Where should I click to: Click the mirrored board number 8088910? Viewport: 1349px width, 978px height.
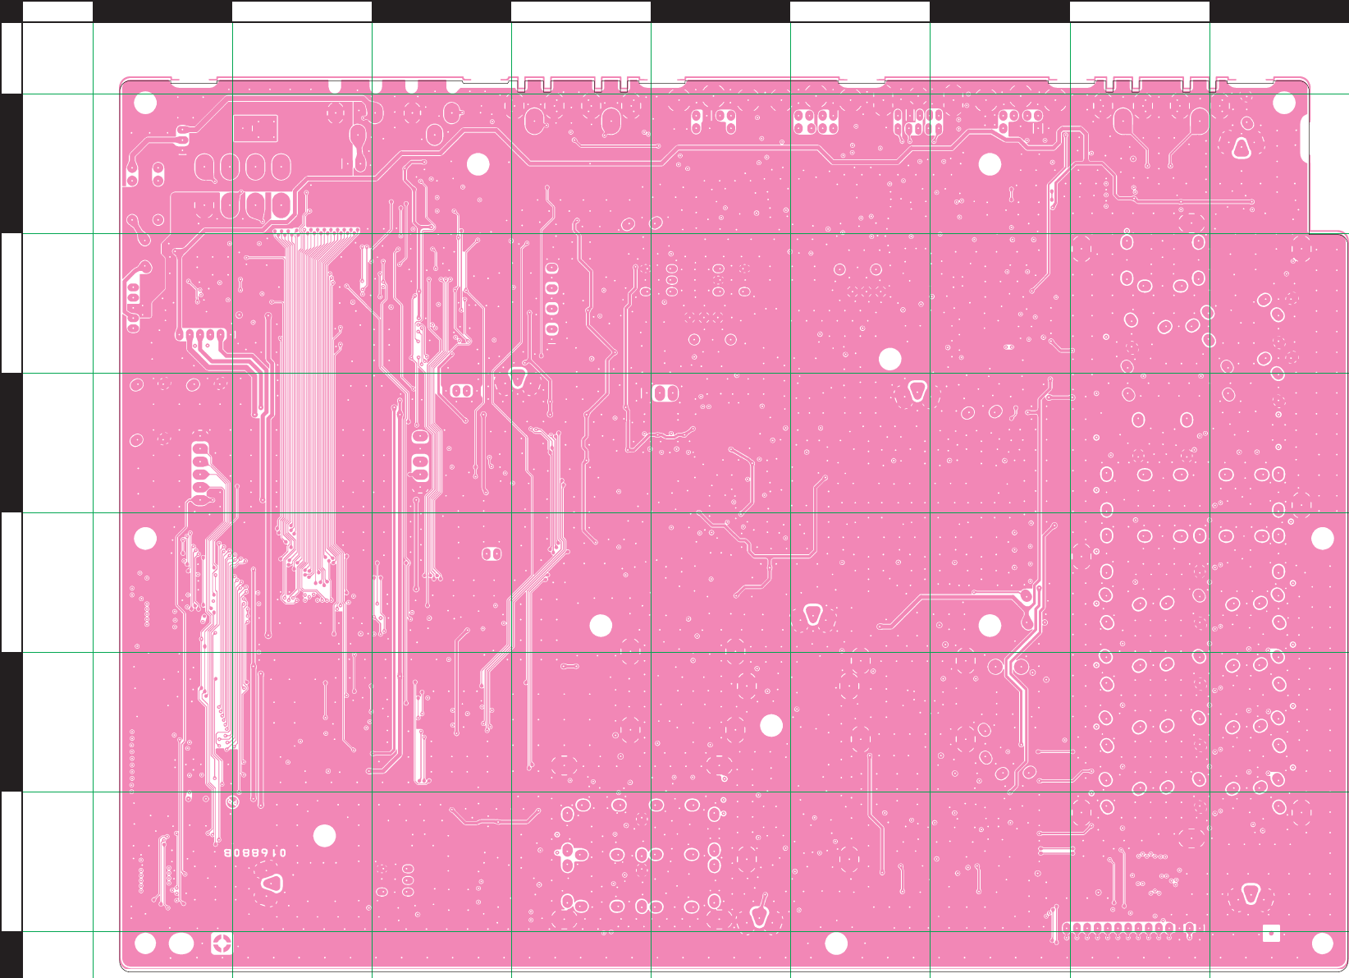coord(255,853)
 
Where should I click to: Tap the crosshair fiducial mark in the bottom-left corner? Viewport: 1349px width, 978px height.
coord(222,944)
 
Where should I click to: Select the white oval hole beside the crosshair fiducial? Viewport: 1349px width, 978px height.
coord(181,944)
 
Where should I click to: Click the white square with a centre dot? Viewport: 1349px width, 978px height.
coord(1271,933)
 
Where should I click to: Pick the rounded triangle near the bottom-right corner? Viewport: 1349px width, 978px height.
coord(1251,893)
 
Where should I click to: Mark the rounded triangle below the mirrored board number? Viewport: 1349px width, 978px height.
coord(272,884)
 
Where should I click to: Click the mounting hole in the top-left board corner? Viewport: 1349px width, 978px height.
coord(145,103)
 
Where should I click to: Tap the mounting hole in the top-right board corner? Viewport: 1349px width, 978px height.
coord(1283,103)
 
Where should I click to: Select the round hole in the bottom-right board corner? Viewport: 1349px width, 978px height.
coord(1322,944)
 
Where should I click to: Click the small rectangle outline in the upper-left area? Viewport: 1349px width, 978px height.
coord(255,128)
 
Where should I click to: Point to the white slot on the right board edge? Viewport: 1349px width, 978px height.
coord(1305,139)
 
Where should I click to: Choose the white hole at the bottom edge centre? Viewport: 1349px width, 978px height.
coord(835,944)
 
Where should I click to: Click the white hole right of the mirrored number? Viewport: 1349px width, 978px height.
coord(325,836)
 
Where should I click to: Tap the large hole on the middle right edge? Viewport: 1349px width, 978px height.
coord(1322,539)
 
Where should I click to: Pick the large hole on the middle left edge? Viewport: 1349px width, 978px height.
coord(145,539)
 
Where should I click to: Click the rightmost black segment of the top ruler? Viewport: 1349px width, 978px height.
coord(1278,11)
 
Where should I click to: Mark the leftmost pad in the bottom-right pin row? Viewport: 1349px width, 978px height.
coord(1067,928)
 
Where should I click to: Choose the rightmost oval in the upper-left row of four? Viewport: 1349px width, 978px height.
coord(281,168)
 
